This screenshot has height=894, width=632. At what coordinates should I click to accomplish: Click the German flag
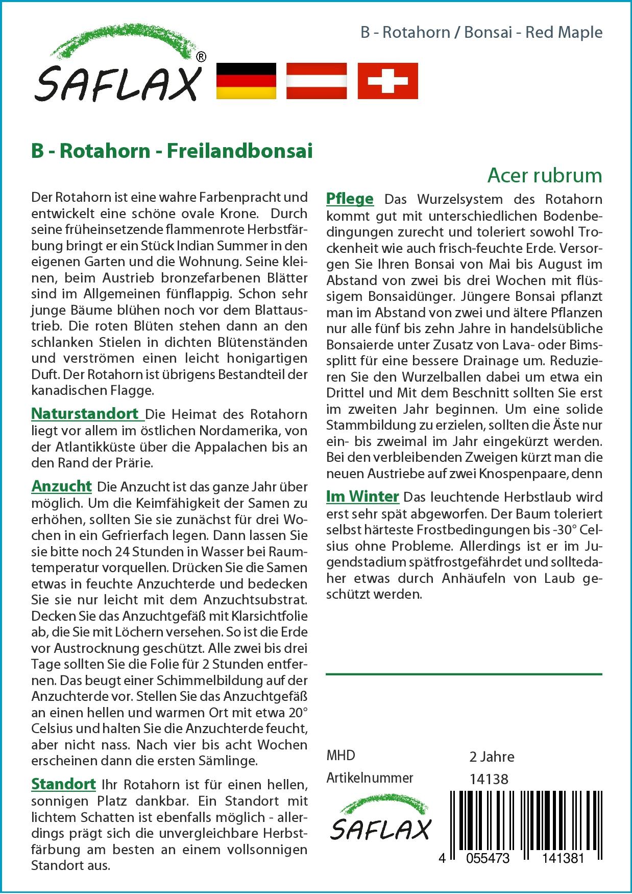(x=247, y=81)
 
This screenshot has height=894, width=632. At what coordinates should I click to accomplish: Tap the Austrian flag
(x=317, y=81)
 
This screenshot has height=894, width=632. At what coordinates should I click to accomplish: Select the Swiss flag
(x=387, y=81)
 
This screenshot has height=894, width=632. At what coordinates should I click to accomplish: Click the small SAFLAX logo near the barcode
(x=380, y=820)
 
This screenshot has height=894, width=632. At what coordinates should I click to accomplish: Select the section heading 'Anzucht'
(x=61, y=486)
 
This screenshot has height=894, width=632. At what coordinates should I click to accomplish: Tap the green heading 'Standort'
(x=63, y=784)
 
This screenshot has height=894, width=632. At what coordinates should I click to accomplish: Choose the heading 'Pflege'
(x=350, y=198)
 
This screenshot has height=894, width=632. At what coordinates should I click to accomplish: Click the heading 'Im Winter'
(x=362, y=496)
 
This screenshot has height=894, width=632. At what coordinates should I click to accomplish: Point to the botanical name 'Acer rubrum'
(x=545, y=175)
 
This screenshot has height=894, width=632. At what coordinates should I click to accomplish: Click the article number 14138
(x=489, y=779)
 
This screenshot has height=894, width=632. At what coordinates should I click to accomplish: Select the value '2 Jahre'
(x=492, y=756)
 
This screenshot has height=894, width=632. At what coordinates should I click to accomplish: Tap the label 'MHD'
(x=341, y=756)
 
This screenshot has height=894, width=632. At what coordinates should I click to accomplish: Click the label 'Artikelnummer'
(x=370, y=778)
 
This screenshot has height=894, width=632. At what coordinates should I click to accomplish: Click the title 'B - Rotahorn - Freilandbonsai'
(x=172, y=151)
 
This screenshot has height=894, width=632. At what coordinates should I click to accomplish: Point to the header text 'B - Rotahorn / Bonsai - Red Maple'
(x=481, y=32)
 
